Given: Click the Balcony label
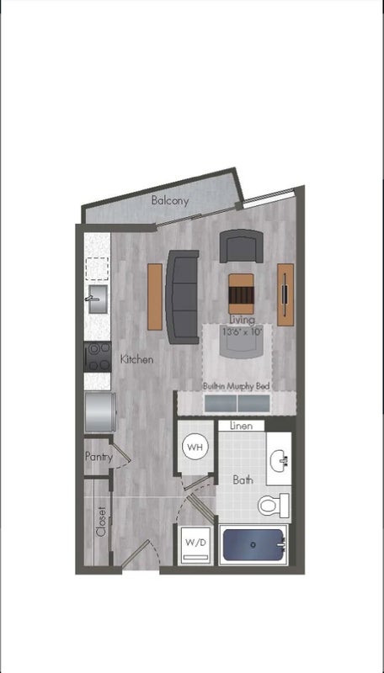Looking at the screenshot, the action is pos(169,200).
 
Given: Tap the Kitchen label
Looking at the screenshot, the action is pos(136,359).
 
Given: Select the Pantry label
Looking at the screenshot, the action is pos(99,457).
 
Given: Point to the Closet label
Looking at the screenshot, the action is pos(101,522).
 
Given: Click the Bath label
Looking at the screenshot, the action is pos(243,480).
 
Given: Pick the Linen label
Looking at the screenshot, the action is pos(241,426).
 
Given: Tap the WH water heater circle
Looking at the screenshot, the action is pos(195,448).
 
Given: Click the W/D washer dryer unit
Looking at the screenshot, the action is pos(195,543).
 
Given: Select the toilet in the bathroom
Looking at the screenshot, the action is pos(274,506).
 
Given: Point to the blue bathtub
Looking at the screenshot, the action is pos(253,544).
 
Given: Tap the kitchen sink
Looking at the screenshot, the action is pos(97,299).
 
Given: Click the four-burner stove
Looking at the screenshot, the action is pos(97,357).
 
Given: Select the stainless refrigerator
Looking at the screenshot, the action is pos(100,411).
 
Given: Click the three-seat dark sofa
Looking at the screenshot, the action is pos(183,297).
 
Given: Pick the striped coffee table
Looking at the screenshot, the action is pos(241,294).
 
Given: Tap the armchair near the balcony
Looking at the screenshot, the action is pos(242,246).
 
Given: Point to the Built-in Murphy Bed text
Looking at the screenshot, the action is pos(237,386).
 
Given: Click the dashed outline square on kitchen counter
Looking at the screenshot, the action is pos(97,269).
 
